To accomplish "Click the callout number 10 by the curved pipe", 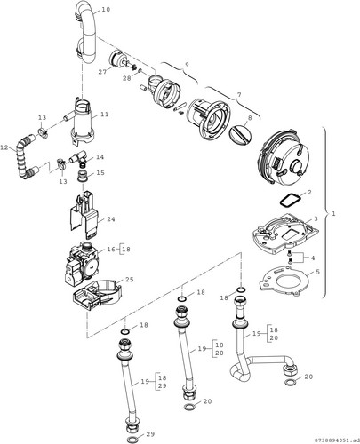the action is click(x=106, y=10).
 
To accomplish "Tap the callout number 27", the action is click(x=102, y=72).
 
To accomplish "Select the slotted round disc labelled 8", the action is click(x=240, y=134).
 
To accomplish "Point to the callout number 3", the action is click(x=316, y=218).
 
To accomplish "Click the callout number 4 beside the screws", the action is click(x=313, y=258).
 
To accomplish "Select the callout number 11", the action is click(x=105, y=115).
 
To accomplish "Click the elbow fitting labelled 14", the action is click(x=79, y=157).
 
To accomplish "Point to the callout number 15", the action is click(x=100, y=172).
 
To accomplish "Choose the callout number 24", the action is click(x=111, y=219).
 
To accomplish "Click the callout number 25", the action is click(x=130, y=280).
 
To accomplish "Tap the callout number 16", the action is click(x=111, y=250).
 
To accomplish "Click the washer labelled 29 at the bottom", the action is click(x=132, y=439).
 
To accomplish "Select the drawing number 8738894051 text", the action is click(x=336, y=439).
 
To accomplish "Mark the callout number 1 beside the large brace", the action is click(x=333, y=214).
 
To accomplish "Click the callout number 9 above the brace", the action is click(x=187, y=65).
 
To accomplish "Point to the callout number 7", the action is click(x=239, y=95).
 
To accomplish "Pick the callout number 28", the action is click(x=127, y=78).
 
